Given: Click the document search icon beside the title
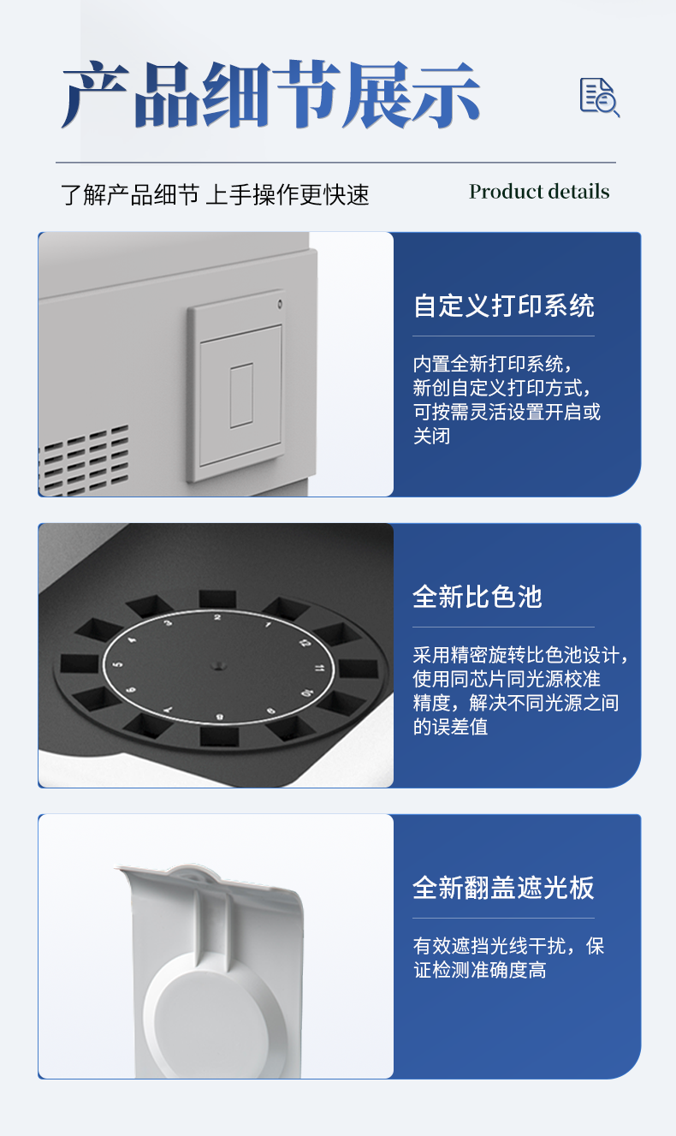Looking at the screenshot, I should click(599, 96).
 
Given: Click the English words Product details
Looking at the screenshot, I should click(539, 192).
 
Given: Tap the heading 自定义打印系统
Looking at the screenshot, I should click(503, 306).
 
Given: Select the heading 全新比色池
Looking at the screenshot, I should click(477, 597).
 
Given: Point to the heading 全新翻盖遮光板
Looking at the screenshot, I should click(503, 888).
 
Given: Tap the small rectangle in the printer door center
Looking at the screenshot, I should click(241, 395).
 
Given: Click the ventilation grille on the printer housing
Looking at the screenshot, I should click(86, 458).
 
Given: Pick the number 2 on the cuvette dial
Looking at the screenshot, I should click(217, 617).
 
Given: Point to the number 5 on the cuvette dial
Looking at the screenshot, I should click(117, 664).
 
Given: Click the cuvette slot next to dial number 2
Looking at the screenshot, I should click(217, 598).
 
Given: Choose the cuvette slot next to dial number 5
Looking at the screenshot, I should click(80, 663).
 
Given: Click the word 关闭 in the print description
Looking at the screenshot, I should click(431, 436).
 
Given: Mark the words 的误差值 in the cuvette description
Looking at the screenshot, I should click(450, 727).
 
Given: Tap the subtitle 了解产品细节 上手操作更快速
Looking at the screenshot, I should click(215, 194).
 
